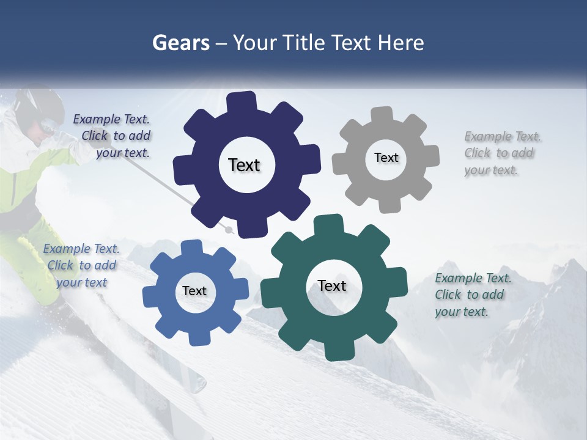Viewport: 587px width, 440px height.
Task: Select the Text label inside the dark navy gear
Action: click(x=244, y=165)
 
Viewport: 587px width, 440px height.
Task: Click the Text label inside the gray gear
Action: click(x=386, y=158)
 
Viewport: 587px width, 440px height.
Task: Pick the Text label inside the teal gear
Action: click(x=332, y=285)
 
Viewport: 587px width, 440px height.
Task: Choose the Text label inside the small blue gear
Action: click(x=194, y=291)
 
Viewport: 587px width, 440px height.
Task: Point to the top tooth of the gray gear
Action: click(x=383, y=115)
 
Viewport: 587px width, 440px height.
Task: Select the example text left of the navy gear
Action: click(x=112, y=136)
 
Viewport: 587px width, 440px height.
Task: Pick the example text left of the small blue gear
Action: click(x=81, y=265)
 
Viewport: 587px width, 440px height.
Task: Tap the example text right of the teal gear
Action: click(x=473, y=295)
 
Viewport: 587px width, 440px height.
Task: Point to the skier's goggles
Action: click(x=49, y=127)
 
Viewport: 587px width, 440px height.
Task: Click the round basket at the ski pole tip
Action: click(x=229, y=230)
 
